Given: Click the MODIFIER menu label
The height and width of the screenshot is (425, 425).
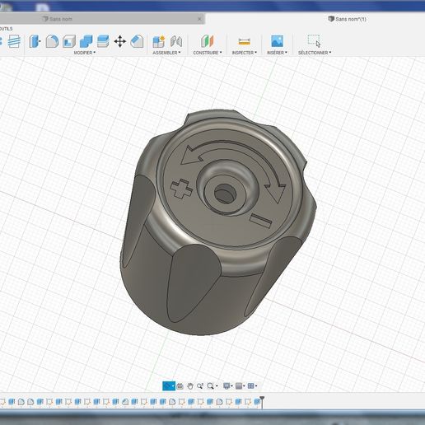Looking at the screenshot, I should [x=83, y=53].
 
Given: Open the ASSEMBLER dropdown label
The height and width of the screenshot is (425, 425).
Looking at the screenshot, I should [x=166, y=53].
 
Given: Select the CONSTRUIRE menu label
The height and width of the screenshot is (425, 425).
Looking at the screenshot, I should [x=206, y=53].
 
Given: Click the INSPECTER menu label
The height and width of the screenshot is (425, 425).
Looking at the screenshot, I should [x=244, y=53].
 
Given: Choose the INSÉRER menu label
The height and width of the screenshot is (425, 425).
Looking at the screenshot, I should [x=277, y=53].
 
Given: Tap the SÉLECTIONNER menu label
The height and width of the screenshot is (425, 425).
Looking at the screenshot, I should [x=314, y=53].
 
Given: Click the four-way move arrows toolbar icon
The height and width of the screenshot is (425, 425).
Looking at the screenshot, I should [x=119, y=40].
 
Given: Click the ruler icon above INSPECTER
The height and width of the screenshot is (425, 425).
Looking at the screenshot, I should [x=244, y=40].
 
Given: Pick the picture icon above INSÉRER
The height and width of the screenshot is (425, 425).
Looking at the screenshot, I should [x=277, y=40].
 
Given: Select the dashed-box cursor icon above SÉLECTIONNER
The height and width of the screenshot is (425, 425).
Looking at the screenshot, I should [x=314, y=40].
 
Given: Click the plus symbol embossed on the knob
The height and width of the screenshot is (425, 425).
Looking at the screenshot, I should [x=178, y=190].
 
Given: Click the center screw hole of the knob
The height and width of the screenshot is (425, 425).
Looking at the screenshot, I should [x=223, y=193].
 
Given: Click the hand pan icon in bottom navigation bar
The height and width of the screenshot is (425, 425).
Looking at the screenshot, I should [x=190, y=385].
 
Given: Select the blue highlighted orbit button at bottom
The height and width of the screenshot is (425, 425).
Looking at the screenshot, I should [x=169, y=385].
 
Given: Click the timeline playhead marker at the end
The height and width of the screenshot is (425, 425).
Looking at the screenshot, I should [x=262, y=401].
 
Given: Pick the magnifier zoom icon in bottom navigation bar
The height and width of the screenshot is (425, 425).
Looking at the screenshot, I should [x=211, y=385].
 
